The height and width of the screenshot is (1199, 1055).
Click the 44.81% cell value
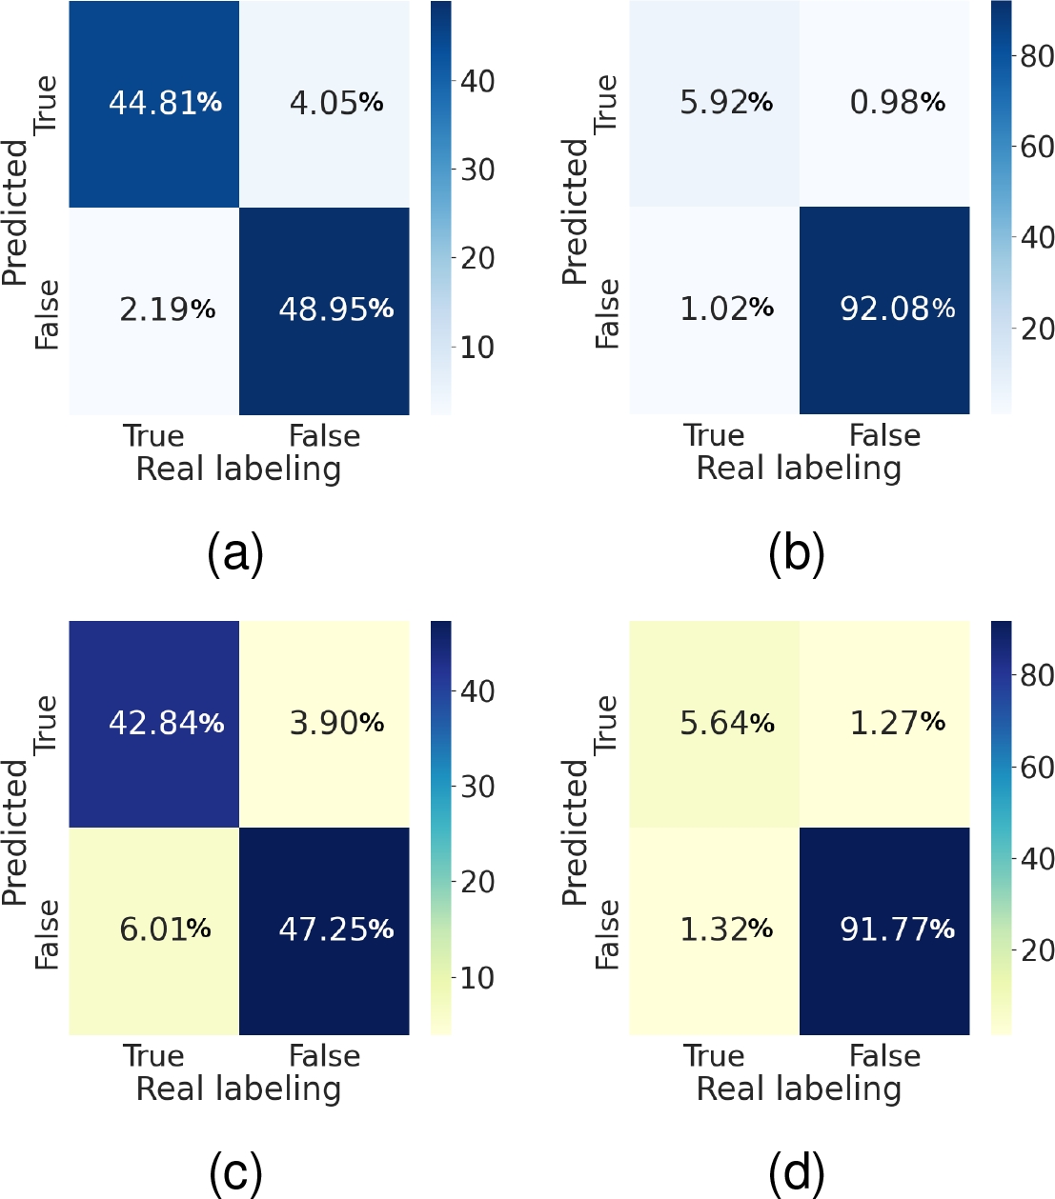165,103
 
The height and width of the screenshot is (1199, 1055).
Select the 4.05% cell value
336,103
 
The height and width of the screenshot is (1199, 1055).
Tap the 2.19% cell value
168,310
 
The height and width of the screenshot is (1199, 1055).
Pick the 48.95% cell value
336,309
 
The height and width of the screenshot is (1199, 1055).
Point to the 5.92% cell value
726,103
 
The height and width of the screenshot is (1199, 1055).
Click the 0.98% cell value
898,103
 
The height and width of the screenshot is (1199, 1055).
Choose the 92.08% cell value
898,309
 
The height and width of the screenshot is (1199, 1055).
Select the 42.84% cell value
167,723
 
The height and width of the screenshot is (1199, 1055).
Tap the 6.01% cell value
165,929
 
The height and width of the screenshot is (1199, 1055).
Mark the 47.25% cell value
336,929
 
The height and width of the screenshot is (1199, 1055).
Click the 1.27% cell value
898,723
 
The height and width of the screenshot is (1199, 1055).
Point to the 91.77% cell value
898,929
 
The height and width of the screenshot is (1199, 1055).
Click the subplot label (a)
235,552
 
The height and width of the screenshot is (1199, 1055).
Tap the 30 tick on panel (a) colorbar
477,170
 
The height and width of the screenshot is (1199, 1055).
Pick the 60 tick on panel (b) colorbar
1037,148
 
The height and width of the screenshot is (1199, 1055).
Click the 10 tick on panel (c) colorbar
477,978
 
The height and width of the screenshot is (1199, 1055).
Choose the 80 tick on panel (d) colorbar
1037,675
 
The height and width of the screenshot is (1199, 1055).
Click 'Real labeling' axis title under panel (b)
799,470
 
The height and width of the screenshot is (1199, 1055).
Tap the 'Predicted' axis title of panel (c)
15,832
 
